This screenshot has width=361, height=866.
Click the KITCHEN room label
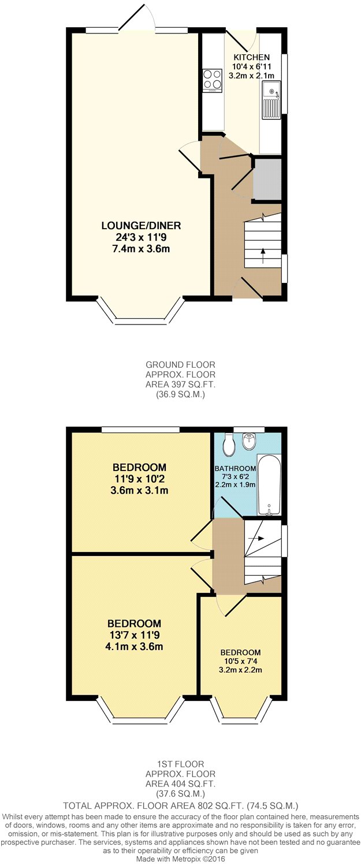pyautogui.click(x=251, y=57)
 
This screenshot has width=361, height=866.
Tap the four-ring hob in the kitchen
pyautogui.click(x=212, y=80)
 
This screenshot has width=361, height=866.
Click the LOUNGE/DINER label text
pyautogui.click(x=137, y=225)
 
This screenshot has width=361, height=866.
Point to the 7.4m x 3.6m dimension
pyautogui.click(x=137, y=249)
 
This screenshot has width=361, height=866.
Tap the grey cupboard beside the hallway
pyautogui.click(x=267, y=179)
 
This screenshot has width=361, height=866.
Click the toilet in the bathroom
pyautogui.click(x=229, y=444)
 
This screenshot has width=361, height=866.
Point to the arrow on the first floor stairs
pyautogui.click(x=258, y=538)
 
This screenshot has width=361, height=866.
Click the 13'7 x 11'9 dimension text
pyautogui.click(x=135, y=635)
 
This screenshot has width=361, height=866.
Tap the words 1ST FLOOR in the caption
pyautogui.click(x=180, y=764)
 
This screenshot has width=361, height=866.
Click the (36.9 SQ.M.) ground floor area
pyautogui.click(x=180, y=395)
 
